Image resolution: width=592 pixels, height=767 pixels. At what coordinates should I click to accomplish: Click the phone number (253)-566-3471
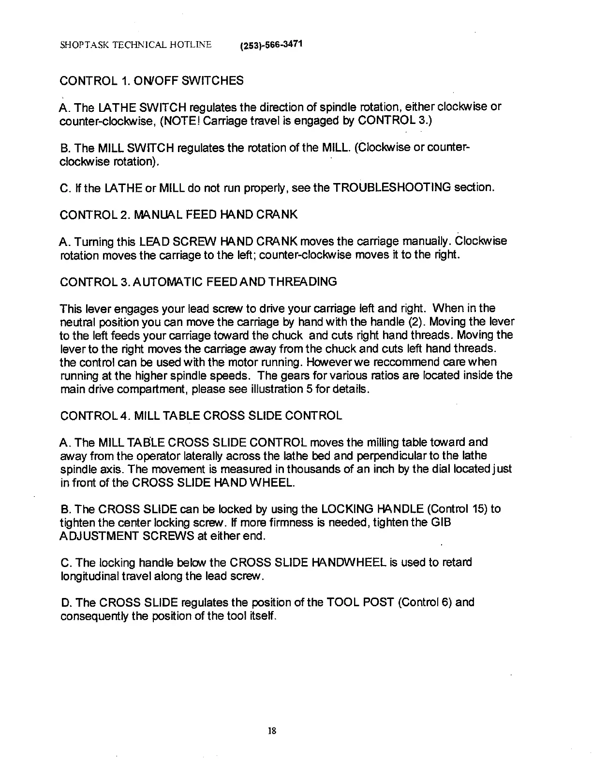[271, 46]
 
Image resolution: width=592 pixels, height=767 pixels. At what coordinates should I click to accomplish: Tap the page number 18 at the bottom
[271, 731]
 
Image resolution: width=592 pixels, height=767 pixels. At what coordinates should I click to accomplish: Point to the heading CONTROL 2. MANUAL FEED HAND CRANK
[178, 215]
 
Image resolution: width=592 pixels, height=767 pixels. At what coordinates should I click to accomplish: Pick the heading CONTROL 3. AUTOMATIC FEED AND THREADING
[198, 282]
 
